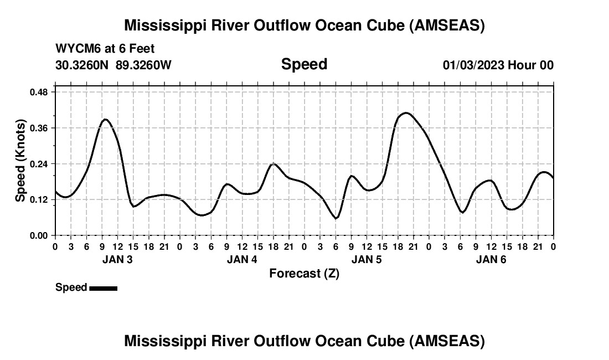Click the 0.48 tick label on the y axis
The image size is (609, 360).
pyautogui.click(x=39, y=92)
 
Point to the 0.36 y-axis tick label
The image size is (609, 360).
pyautogui.click(x=39, y=128)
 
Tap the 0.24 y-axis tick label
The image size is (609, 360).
pyautogui.click(x=39, y=164)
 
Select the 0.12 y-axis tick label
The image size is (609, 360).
pyautogui.click(x=39, y=200)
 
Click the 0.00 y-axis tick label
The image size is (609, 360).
pyautogui.click(x=39, y=236)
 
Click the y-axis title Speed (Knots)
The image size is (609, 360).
pyautogui.click(x=20, y=160)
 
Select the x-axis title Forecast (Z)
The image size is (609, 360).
pyautogui.click(x=304, y=273)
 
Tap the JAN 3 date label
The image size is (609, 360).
pyautogui.click(x=117, y=259)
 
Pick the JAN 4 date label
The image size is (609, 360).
pyautogui.click(x=242, y=259)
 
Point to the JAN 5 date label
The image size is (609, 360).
pyautogui.click(x=367, y=259)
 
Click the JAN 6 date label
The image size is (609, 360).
pyautogui.click(x=491, y=259)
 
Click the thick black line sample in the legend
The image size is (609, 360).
pyautogui.click(x=103, y=288)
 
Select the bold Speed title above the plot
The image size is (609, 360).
pyautogui.click(x=304, y=64)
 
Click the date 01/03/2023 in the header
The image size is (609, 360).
pyautogui.click(x=474, y=65)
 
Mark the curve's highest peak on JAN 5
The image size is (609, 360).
pyautogui.click(x=406, y=113)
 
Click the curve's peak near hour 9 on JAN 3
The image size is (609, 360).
pyautogui.click(x=105, y=119)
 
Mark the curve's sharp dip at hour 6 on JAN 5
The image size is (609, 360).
pyautogui.click(x=336, y=218)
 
